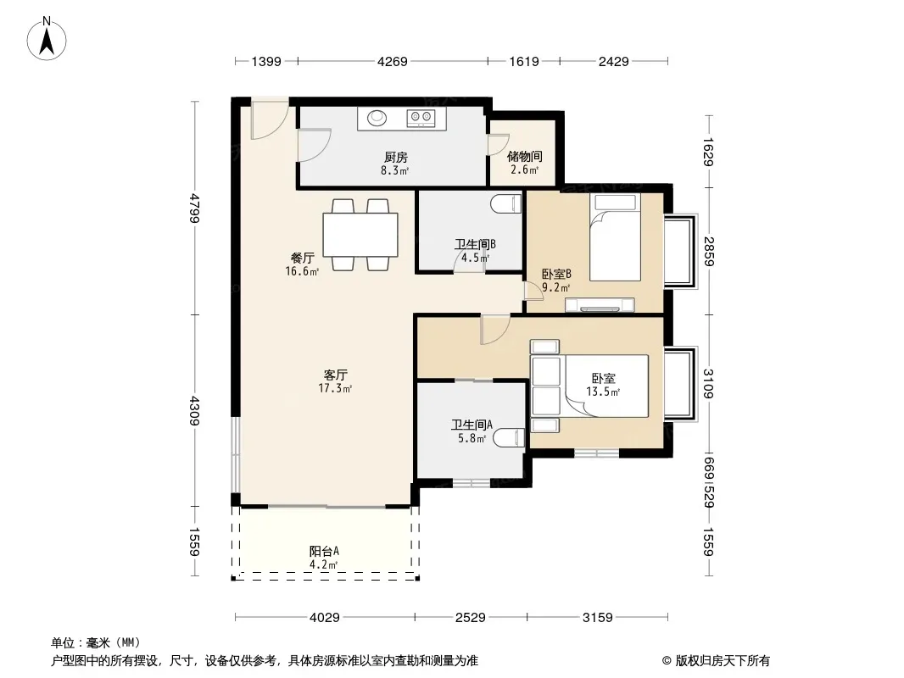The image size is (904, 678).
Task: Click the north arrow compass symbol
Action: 47,38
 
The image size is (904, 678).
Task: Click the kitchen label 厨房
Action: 396,157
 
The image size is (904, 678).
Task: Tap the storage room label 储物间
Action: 525,156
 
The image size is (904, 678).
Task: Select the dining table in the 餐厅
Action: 360,235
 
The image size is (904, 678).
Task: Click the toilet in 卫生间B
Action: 506,204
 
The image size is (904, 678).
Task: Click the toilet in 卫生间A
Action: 511,438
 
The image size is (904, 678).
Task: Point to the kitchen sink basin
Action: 377,118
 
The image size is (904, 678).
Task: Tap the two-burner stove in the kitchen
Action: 420,118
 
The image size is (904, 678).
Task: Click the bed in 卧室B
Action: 615,236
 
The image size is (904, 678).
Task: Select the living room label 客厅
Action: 336,375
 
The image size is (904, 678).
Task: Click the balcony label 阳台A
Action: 324,551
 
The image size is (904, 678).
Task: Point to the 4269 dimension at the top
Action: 393,61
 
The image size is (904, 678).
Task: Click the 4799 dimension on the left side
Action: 195,208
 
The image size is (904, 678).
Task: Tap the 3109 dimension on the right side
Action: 709,383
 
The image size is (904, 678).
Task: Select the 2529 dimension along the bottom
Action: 471,618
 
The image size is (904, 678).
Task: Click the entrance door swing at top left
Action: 270,119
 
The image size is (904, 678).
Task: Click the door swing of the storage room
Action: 498,145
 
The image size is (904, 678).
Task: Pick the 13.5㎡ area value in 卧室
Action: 603,392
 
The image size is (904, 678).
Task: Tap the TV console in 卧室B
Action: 600,305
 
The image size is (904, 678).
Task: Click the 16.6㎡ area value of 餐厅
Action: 302,271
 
